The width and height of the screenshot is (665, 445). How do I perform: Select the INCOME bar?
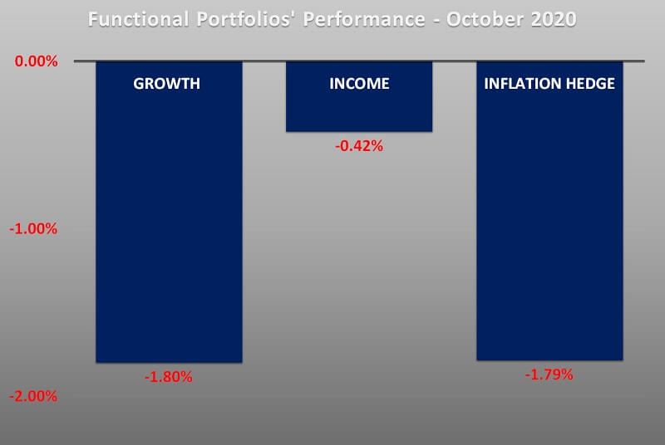pyautogui.click(x=359, y=108)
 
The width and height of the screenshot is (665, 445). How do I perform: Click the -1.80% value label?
pyautogui.click(x=169, y=377)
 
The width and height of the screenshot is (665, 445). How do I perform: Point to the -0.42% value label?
pyautogui.click(x=359, y=146)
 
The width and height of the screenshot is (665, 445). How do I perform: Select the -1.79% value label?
pyautogui.click(x=549, y=374)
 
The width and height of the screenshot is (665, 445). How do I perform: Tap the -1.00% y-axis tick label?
pyautogui.click(x=33, y=228)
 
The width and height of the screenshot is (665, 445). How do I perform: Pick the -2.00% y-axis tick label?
pyautogui.click(x=33, y=396)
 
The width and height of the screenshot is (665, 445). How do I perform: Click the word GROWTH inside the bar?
pyautogui.click(x=167, y=84)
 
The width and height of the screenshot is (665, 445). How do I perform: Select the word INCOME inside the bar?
pyautogui.click(x=359, y=84)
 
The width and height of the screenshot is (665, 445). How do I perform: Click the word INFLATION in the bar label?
pyautogui.click(x=516, y=84)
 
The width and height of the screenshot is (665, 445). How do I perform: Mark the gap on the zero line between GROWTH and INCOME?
pyautogui.click(x=264, y=61)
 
